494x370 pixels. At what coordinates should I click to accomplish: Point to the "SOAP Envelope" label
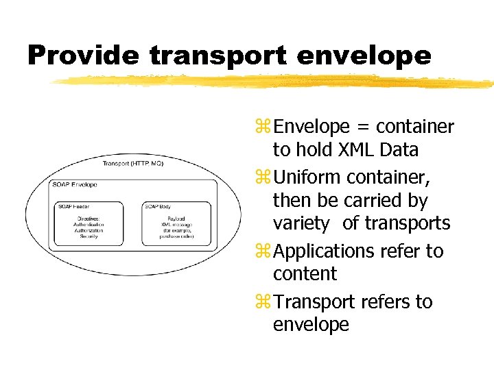click(75, 184)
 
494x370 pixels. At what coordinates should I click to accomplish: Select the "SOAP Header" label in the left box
click(73, 206)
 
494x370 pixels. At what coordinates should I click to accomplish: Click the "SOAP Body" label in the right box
click(158, 206)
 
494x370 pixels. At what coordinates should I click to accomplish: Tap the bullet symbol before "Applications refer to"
click(262, 251)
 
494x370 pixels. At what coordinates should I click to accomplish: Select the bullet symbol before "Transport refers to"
click(262, 302)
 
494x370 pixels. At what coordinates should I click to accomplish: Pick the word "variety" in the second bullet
click(301, 223)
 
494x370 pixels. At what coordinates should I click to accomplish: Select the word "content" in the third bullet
click(305, 274)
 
